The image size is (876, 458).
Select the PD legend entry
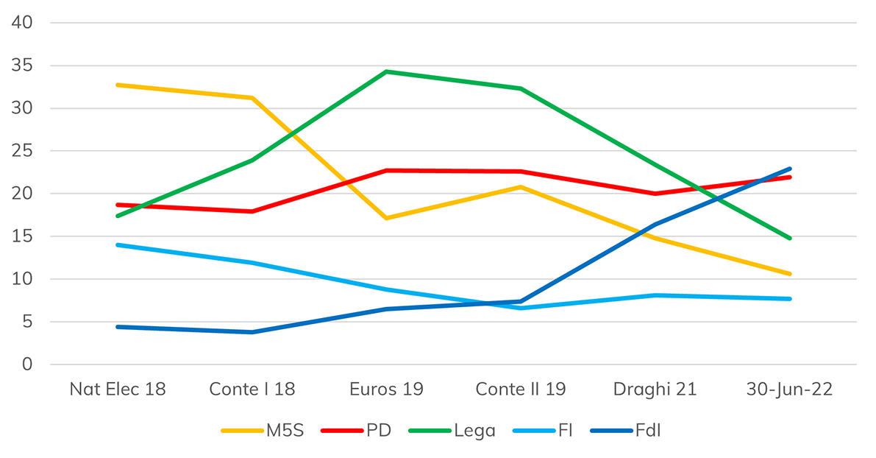coord(357,431)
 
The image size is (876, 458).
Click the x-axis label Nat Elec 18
coord(118,390)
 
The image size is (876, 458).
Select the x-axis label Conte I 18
coord(252,390)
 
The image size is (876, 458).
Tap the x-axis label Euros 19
coord(386,390)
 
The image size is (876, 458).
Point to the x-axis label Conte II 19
coord(521,390)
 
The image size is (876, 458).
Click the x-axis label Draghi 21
coord(655,390)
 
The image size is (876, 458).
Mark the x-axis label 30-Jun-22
coord(789,390)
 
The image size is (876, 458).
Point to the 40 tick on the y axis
coord(23,23)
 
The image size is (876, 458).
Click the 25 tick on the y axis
coord(23,151)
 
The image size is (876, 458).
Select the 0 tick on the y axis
coord(27,364)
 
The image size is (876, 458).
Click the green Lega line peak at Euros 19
coord(386,71)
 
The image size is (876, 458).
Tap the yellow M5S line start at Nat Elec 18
coord(118,85)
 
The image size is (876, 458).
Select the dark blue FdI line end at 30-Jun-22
coord(789,169)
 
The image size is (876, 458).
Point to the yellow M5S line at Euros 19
coord(386,218)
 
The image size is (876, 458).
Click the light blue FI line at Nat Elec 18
coord(118,244)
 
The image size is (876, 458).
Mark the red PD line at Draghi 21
coord(655,194)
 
